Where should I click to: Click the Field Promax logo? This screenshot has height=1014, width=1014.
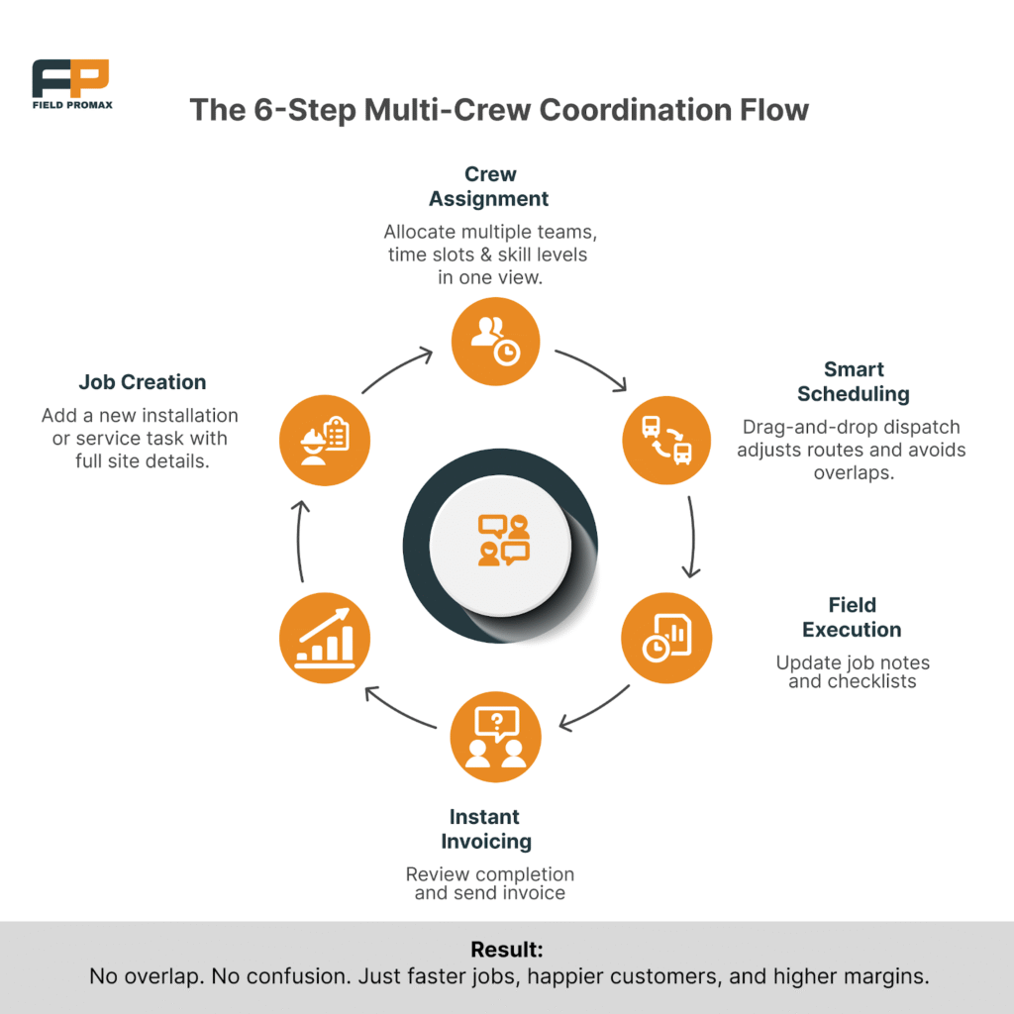pos(70,84)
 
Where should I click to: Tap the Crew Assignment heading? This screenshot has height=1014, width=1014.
pos(488,186)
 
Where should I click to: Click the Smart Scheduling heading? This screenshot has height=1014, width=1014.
pos(853,381)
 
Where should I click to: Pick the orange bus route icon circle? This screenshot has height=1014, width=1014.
pos(666,440)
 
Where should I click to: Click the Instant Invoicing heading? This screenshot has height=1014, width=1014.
pos(484,829)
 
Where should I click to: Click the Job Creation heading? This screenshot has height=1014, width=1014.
pos(143,382)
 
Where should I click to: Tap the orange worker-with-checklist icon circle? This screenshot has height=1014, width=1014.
pos(325,440)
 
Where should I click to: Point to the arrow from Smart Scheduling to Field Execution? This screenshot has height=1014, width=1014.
pos(692,536)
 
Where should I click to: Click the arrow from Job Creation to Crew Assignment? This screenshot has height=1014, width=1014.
pos(396,369)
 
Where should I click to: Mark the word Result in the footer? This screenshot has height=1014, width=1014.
pos(506,950)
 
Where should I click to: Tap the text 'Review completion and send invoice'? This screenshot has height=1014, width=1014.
pos(489,883)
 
